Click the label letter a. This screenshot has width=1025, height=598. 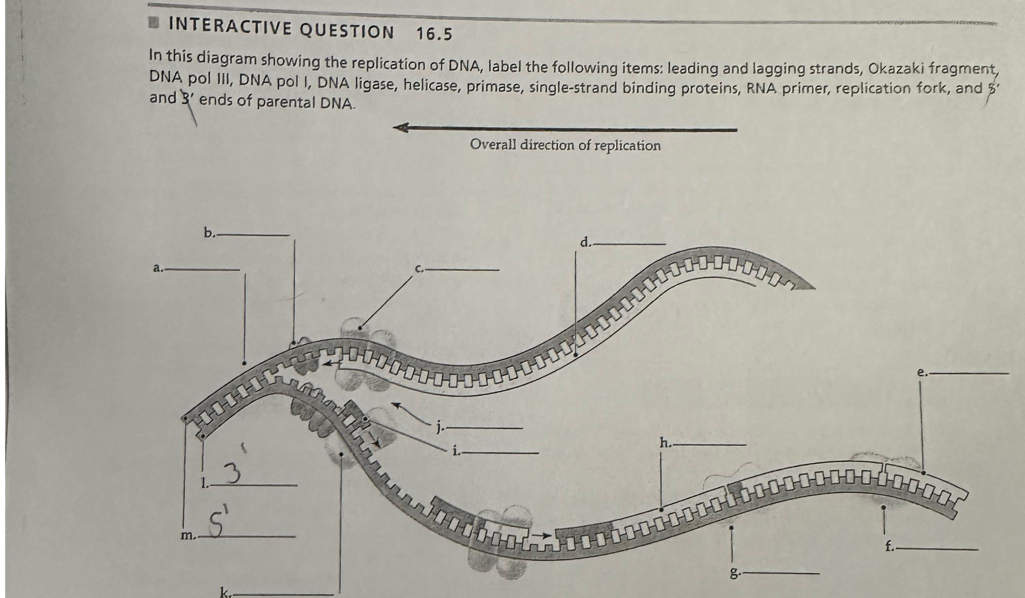157,268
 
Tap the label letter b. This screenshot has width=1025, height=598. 209,232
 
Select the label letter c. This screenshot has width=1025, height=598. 419,269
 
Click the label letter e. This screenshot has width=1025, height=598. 921,372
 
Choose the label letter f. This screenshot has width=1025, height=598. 889,547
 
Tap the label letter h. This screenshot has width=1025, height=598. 665,442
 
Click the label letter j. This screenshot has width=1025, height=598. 439,427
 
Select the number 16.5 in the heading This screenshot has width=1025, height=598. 434,34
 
